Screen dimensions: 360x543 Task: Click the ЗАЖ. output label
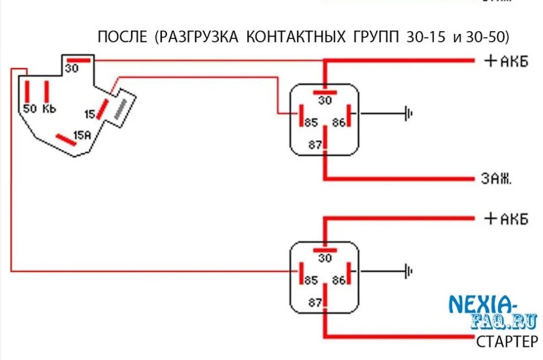[497, 180]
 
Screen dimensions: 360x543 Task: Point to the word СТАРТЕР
[507, 341]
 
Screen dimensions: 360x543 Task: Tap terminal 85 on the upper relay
[311, 122]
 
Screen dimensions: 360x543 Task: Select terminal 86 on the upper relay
[338, 122]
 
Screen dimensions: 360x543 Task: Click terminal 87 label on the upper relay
[314, 145]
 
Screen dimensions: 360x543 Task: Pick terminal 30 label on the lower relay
[325, 258]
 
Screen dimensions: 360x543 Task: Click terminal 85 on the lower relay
[311, 280]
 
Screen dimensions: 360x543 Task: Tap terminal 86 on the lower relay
[338, 280]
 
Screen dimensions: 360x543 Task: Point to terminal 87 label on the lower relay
[314, 302]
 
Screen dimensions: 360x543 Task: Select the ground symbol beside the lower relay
[408, 272]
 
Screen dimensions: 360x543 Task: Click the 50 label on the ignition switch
[29, 108]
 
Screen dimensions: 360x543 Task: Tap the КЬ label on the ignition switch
[49, 108]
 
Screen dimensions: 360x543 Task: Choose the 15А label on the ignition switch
[82, 135]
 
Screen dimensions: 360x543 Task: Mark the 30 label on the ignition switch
[71, 68]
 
